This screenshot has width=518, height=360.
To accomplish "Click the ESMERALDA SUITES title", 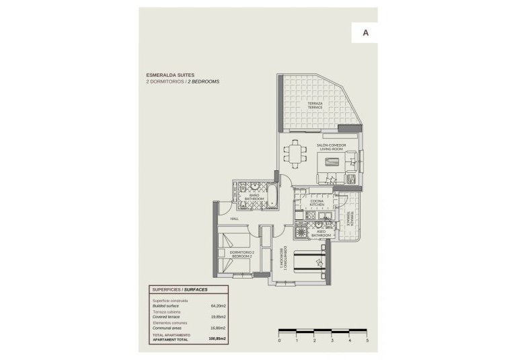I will pos(172,75).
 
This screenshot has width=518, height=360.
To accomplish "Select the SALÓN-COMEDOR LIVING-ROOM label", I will pos(332,147).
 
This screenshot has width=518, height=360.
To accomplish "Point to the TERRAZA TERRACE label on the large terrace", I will pos(316,106).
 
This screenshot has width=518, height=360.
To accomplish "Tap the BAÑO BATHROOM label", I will pos(254,197).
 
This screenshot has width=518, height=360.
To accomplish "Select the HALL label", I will pos(235,219).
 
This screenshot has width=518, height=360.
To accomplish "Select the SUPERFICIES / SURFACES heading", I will pos(179,289).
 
